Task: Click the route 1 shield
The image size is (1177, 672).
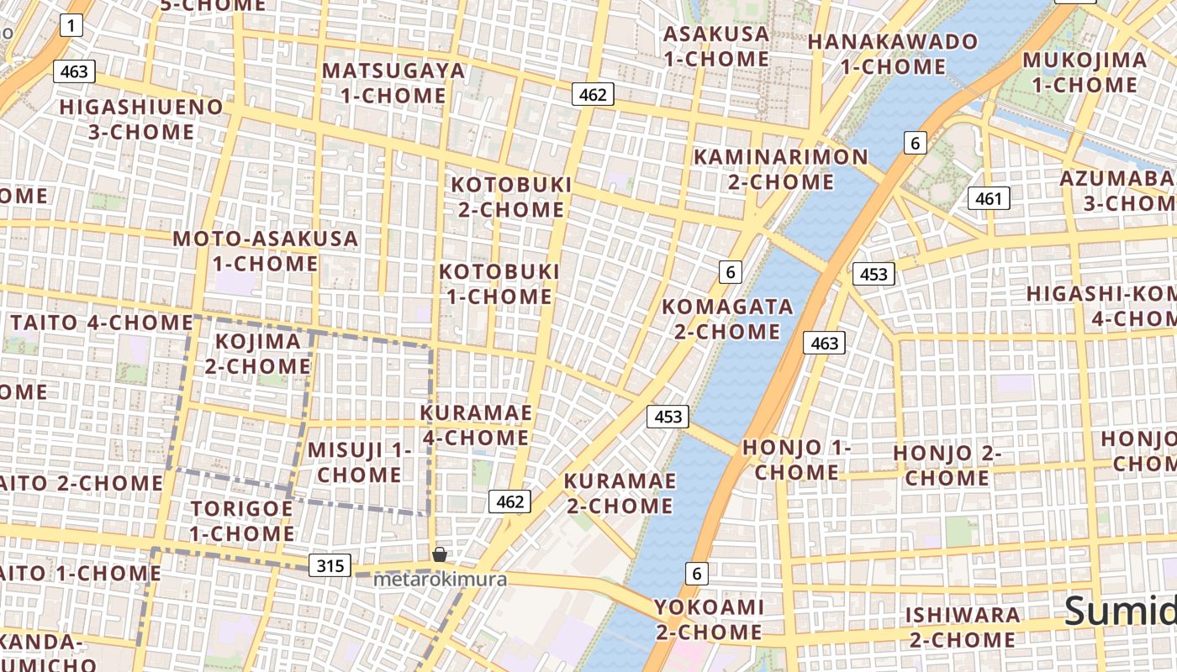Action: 71,26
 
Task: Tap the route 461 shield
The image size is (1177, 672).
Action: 989,198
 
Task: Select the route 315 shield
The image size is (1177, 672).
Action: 330,565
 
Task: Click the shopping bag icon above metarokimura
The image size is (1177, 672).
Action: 439,554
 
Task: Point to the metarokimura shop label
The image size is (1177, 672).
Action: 440,580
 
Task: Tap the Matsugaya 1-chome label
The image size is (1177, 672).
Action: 393,82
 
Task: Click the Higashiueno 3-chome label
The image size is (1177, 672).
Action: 141,119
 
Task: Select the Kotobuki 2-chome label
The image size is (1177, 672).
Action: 511,197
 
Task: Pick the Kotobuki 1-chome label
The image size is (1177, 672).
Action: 499,284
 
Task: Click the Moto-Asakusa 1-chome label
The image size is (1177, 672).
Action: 265,250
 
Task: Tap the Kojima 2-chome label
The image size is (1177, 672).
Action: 258,354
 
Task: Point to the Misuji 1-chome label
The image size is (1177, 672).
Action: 359,461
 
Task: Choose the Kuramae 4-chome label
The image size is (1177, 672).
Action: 476,425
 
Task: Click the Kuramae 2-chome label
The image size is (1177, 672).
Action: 620,493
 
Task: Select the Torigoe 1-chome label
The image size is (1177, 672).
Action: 241,521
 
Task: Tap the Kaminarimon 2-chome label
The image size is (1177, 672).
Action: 780,169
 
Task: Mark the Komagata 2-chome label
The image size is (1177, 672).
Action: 727,318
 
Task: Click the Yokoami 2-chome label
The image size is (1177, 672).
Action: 709,619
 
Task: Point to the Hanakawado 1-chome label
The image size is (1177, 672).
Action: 893,54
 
